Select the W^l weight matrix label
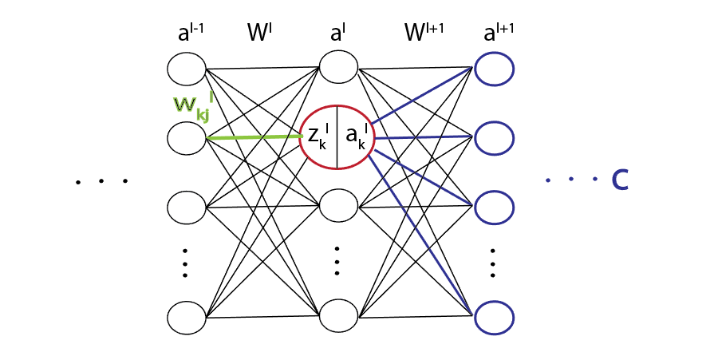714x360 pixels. (261, 34)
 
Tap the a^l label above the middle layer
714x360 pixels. (337, 34)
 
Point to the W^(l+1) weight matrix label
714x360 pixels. (424, 34)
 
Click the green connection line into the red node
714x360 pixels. (255, 137)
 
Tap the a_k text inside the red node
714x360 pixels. (357, 137)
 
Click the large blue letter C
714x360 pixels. (619, 180)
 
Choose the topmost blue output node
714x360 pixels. (494, 69)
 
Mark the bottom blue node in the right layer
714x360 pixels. (494, 318)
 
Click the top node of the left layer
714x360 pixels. (187, 69)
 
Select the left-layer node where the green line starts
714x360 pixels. (187, 138)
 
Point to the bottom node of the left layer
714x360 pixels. (187, 318)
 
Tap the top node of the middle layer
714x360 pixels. (338, 65)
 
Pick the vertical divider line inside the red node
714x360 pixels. (337, 137)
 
